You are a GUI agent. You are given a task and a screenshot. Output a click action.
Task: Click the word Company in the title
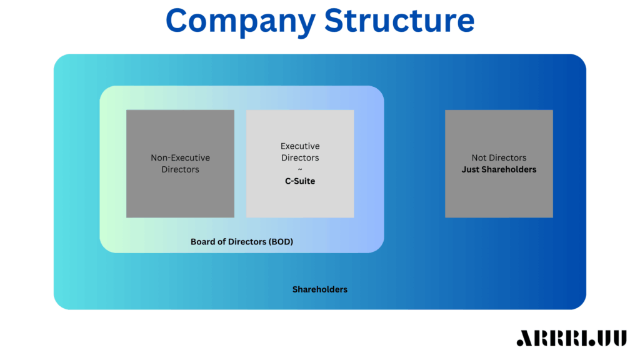(x=241, y=21)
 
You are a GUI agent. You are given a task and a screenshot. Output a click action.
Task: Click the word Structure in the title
(x=399, y=21)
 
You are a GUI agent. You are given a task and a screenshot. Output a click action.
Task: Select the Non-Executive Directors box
(x=180, y=164)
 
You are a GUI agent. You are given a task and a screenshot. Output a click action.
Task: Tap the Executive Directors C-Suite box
(x=300, y=164)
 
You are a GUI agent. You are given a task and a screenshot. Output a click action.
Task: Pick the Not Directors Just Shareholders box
(x=499, y=164)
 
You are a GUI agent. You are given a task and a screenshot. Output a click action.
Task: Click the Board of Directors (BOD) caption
(x=241, y=241)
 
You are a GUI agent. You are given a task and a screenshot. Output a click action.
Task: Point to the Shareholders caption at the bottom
(x=320, y=289)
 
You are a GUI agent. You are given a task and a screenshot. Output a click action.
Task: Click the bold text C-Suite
(x=300, y=181)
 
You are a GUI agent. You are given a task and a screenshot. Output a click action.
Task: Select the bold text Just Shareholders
(x=499, y=169)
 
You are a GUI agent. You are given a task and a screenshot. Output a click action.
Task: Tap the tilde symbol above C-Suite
(x=300, y=170)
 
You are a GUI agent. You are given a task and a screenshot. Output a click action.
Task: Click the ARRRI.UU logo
(x=571, y=338)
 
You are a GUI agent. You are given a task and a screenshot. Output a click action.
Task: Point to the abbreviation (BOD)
(x=279, y=241)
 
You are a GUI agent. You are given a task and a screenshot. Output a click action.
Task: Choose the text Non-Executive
(x=180, y=158)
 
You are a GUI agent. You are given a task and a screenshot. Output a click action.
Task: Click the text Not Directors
(x=499, y=158)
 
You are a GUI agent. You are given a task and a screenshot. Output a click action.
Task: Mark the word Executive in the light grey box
(x=300, y=146)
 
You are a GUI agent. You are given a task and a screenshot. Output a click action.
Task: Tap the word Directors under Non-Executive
(x=180, y=169)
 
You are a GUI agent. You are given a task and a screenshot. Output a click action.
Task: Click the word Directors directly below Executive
(x=300, y=158)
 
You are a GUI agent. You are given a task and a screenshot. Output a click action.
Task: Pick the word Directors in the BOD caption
(x=246, y=241)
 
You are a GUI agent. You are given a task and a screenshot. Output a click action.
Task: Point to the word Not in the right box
(x=479, y=158)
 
